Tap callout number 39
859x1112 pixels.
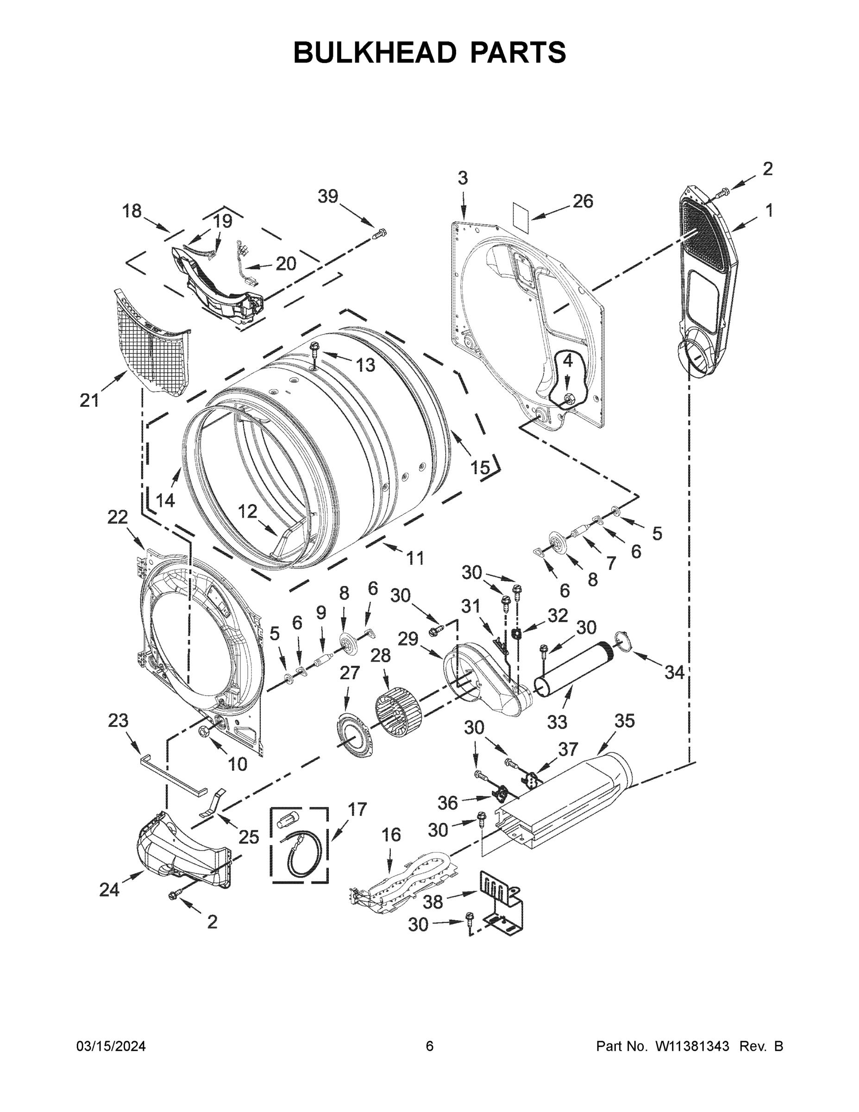click(x=328, y=196)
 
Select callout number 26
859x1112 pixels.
click(x=583, y=202)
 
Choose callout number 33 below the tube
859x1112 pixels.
click(x=557, y=722)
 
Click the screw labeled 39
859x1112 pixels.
click(x=380, y=234)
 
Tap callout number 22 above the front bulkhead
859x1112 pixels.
click(x=118, y=517)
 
